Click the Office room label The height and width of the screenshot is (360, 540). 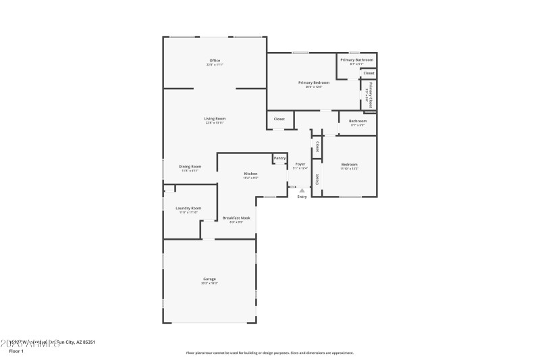pyautogui.click(x=215, y=61)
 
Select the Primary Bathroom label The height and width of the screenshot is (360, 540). pyautogui.click(x=356, y=60)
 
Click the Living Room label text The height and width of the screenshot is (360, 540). pyautogui.click(x=215, y=119)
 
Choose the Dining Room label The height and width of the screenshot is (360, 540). pyautogui.click(x=190, y=167)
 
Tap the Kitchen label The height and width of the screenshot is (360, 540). pyautogui.click(x=250, y=174)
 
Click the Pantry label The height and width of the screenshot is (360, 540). pyautogui.click(x=279, y=158)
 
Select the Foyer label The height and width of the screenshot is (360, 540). pyautogui.click(x=300, y=164)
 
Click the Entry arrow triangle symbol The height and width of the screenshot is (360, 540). pyautogui.click(x=302, y=191)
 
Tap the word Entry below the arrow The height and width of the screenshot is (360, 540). pyautogui.click(x=302, y=197)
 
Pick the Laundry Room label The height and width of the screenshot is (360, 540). pyautogui.click(x=188, y=208)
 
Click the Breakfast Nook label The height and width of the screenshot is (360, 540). pyautogui.click(x=236, y=218)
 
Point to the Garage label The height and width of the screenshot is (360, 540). pyautogui.click(x=209, y=279)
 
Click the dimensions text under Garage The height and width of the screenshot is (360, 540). pyautogui.click(x=209, y=284)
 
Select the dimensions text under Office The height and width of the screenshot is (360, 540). pyautogui.click(x=215, y=66)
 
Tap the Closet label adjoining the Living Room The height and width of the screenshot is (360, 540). pyautogui.click(x=279, y=120)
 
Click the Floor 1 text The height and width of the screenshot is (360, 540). pyautogui.click(x=16, y=351)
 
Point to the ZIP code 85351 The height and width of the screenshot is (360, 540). pyautogui.click(x=86, y=342)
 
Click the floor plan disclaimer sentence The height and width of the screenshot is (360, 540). pyautogui.click(x=269, y=353)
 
